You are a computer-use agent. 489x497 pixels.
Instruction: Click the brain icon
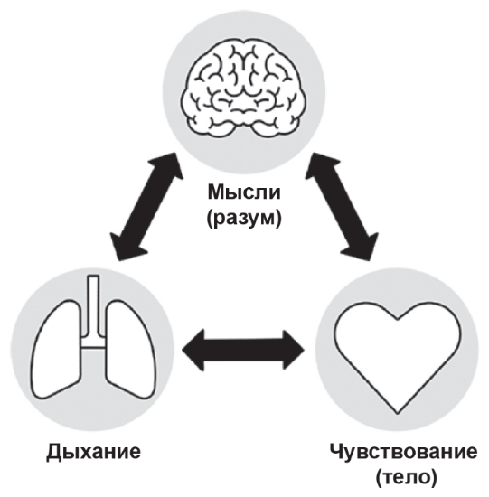click(244, 88)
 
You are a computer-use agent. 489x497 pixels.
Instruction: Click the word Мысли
click(244, 192)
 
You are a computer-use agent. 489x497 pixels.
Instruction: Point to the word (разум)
click(244, 218)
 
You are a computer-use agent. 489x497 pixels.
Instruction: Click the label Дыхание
click(93, 451)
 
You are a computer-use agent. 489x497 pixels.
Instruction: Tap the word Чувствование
click(403, 451)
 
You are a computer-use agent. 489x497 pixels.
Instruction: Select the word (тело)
click(406, 476)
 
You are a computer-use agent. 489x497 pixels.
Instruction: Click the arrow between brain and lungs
click(146, 207)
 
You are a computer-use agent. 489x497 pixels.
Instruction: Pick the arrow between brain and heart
click(342, 207)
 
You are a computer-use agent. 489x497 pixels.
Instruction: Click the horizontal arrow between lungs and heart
click(243, 350)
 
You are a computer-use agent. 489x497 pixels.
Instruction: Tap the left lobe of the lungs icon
click(56, 349)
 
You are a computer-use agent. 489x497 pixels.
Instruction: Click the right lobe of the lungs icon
click(131, 349)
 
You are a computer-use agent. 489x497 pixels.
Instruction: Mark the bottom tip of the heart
click(398, 413)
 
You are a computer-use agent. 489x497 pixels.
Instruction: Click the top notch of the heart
click(398, 318)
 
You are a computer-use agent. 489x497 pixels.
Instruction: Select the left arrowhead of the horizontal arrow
click(193, 350)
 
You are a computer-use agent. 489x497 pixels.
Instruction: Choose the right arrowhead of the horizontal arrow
click(294, 350)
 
